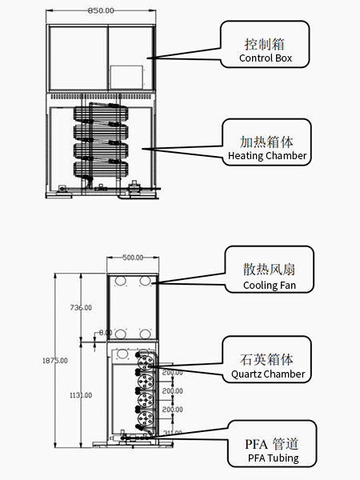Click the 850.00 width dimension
click(x=101, y=10)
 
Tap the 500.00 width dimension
click(x=133, y=258)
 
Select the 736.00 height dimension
click(x=81, y=307)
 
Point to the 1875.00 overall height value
click(x=55, y=361)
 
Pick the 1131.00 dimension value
click(x=81, y=395)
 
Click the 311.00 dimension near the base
click(x=173, y=433)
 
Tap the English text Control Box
click(x=266, y=58)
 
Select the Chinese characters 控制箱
click(x=264, y=44)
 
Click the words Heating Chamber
click(x=267, y=155)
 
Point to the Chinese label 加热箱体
click(x=266, y=142)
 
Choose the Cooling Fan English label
click(x=270, y=285)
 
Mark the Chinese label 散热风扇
click(x=269, y=270)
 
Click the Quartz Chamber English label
click(x=268, y=374)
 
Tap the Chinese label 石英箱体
click(x=266, y=359)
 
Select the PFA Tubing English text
click(x=274, y=458)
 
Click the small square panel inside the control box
click(x=126, y=77)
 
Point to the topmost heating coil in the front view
click(x=101, y=114)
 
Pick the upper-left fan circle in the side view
click(x=121, y=281)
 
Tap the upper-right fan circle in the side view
click(x=145, y=281)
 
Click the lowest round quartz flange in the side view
click(x=146, y=418)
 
